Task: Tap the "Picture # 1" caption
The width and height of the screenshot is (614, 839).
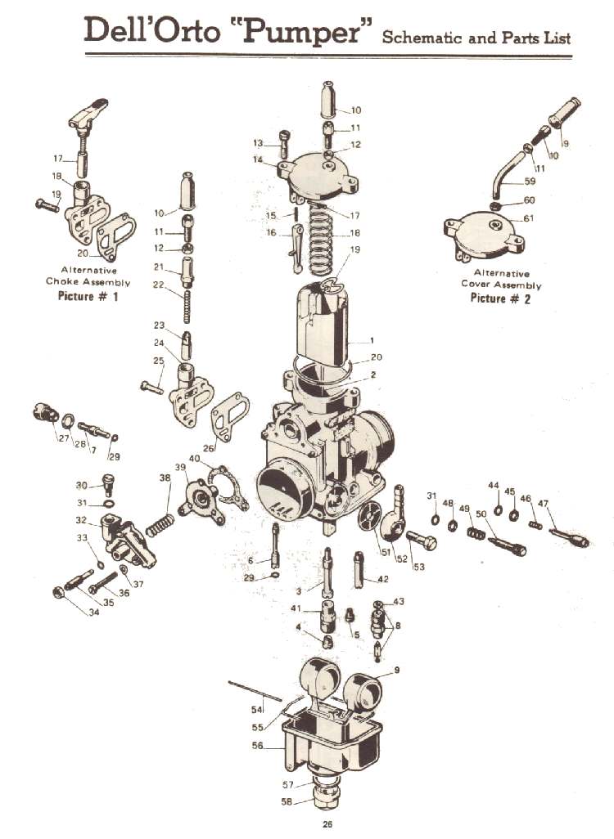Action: pyautogui.click(x=88, y=296)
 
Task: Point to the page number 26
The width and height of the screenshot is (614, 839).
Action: pyautogui.click(x=327, y=823)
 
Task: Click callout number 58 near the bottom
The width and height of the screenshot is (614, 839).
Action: pyautogui.click(x=287, y=802)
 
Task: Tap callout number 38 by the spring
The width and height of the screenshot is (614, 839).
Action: pyautogui.click(x=165, y=478)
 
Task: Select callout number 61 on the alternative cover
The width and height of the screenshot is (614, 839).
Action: pyautogui.click(x=529, y=218)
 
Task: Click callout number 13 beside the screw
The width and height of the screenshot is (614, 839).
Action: pyautogui.click(x=258, y=144)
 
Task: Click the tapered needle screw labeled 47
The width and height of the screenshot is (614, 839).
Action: pyautogui.click(x=568, y=536)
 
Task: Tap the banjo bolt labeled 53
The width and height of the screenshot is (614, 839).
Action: pyautogui.click(x=420, y=541)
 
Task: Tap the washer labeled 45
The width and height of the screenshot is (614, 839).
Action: pyautogui.click(x=513, y=514)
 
